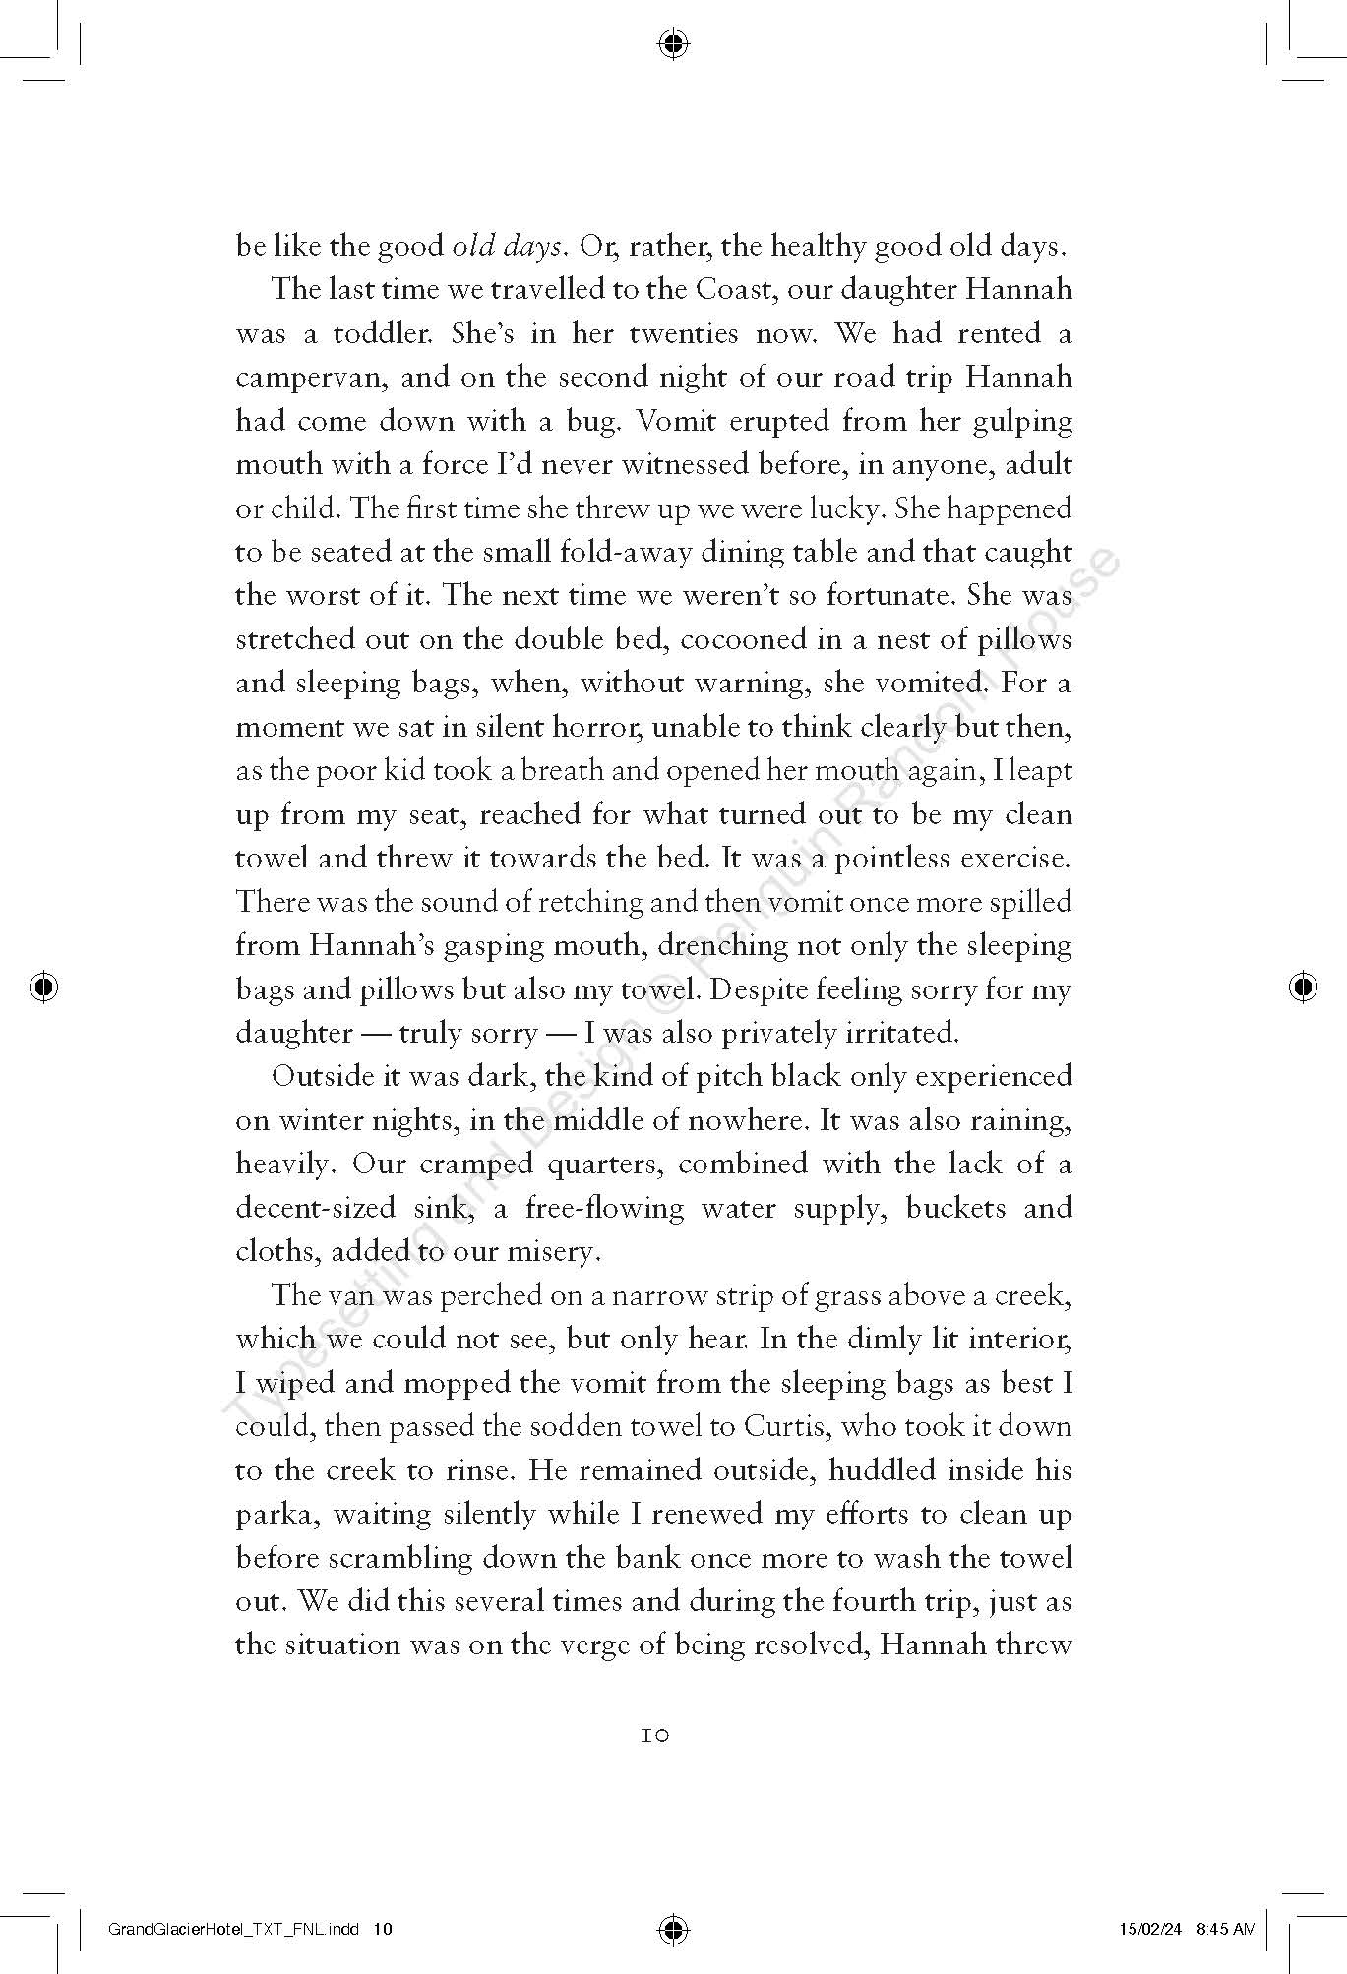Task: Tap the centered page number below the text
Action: click(x=655, y=1737)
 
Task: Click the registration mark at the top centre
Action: click(x=673, y=43)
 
